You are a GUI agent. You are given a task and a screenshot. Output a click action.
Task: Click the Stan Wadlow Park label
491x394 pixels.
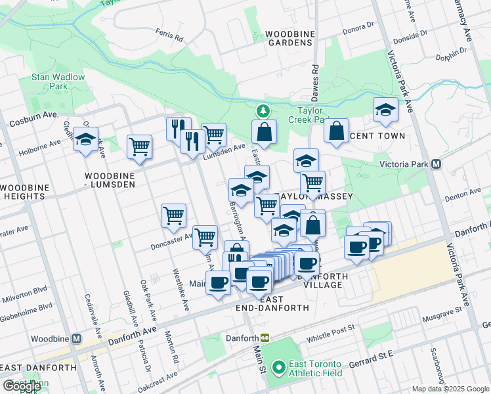[x=58, y=81]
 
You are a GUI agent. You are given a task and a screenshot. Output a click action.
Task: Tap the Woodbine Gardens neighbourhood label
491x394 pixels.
[x=289, y=38]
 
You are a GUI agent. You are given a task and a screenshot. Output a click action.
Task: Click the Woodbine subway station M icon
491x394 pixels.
[x=76, y=339]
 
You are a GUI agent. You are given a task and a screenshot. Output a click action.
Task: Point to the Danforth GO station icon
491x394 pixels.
[x=265, y=338]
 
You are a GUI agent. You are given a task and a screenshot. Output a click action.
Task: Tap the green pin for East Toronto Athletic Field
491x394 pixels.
[x=278, y=367]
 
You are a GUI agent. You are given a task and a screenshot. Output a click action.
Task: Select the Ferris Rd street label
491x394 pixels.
[x=169, y=34]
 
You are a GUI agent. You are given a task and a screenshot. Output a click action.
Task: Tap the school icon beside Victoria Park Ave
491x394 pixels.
[x=385, y=111]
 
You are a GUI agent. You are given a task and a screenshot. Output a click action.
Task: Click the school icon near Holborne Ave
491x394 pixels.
[x=85, y=140]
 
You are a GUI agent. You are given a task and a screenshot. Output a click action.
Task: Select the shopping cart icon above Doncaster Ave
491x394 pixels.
[x=173, y=215]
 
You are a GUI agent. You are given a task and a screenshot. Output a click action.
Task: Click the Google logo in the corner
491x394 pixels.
[x=22, y=386]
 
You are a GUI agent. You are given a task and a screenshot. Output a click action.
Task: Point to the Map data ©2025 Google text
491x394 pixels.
[x=450, y=389]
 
